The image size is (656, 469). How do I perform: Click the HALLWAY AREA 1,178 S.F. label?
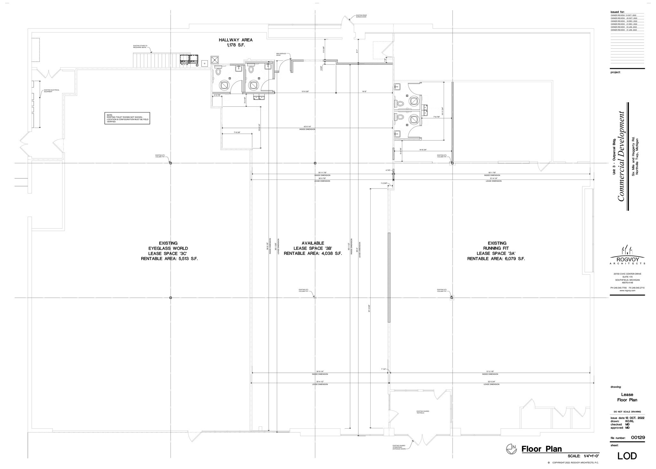pos(235,43)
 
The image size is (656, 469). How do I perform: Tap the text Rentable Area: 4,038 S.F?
pos(313,253)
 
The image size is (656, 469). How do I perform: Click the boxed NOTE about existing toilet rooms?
pos(127,118)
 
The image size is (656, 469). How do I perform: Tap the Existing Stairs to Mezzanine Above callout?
pos(140,46)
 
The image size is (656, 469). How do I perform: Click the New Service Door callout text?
pos(281,54)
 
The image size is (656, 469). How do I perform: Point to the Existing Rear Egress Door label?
pos(361,16)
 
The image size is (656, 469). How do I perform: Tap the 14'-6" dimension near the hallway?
pos(364,91)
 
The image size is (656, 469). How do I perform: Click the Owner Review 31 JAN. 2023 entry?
pos(623,30)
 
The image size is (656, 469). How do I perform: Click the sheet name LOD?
pos(627,456)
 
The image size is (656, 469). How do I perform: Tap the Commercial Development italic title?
pos(621,156)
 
